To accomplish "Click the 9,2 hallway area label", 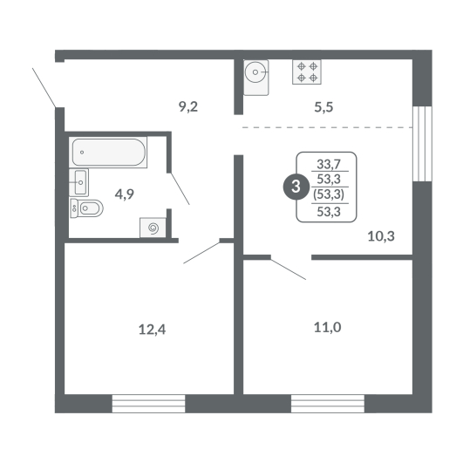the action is [x=188, y=106].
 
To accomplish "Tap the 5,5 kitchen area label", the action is [x=323, y=107].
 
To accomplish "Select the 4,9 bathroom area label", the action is [x=125, y=194].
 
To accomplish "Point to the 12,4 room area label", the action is [x=152, y=330].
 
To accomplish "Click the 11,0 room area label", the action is [x=327, y=328].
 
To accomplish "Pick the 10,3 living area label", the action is [x=381, y=236].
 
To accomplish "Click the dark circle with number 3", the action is [x=296, y=187].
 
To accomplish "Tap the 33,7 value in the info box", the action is [x=329, y=164].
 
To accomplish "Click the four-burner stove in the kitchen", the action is [x=307, y=72].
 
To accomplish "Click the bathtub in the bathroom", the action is [x=108, y=152].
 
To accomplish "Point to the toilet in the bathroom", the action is [x=86, y=208].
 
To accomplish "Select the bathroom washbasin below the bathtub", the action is [x=78, y=182].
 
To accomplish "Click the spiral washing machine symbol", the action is [x=153, y=228].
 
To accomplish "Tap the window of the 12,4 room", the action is [x=148, y=404].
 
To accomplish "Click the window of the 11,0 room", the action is [x=328, y=404].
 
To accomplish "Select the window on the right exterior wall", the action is [x=422, y=144].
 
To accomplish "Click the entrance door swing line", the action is [x=44, y=88].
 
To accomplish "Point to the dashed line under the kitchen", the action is [x=327, y=127].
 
